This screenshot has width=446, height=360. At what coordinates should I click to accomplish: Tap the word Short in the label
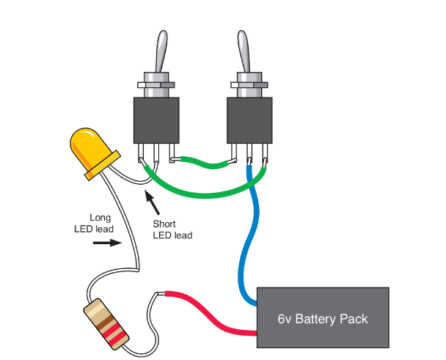(165, 224)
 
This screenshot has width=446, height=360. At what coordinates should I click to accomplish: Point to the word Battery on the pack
(321, 319)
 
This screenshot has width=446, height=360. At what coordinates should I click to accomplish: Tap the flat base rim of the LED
(103, 164)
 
